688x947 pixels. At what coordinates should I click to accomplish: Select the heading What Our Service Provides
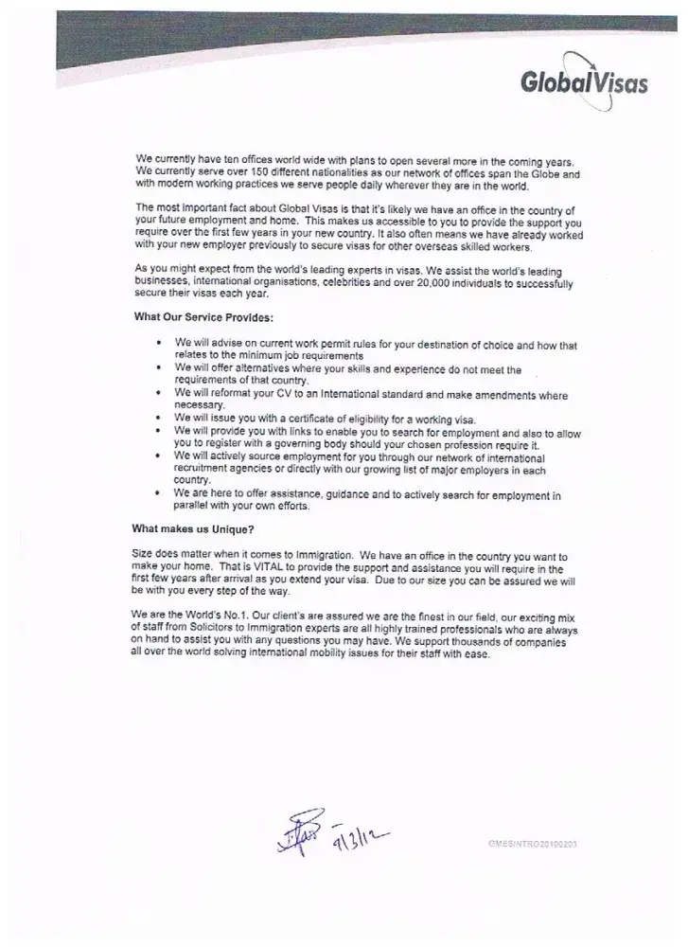tap(204, 317)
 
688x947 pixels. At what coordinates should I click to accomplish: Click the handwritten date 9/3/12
tap(362, 834)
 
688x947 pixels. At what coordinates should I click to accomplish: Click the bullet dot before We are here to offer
tap(157, 492)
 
